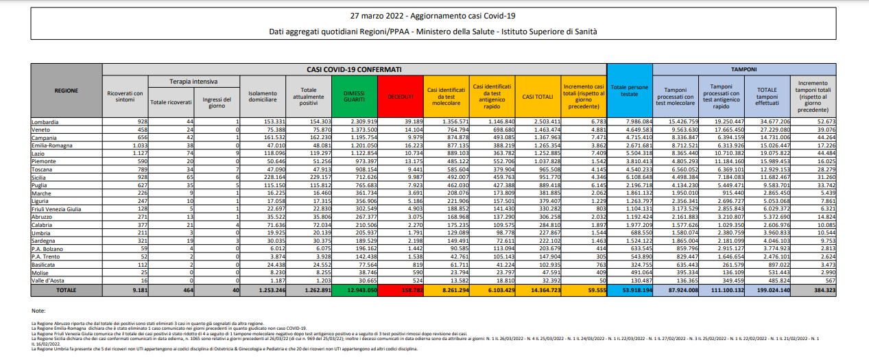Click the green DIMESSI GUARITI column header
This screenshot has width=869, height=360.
point(353,96)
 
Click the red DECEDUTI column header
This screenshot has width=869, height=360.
point(399,97)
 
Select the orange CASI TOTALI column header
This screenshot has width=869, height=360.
point(538,97)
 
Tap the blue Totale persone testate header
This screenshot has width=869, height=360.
point(629,91)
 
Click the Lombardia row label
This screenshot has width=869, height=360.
point(45,121)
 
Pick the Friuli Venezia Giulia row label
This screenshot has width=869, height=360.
point(57,208)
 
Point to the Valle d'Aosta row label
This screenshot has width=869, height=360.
point(49,281)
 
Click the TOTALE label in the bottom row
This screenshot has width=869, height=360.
point(67,290)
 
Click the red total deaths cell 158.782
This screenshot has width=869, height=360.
point(399,290)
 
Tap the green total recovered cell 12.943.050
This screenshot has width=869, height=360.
point(353,290)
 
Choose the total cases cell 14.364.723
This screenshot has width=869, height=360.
point(538,290)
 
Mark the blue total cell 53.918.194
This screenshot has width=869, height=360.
point(629,290)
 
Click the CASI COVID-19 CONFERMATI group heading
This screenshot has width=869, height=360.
point(354,69)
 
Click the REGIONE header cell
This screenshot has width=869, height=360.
point(67,91)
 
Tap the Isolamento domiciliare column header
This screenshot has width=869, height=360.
point(262,97)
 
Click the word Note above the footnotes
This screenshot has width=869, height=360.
point(39,311)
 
